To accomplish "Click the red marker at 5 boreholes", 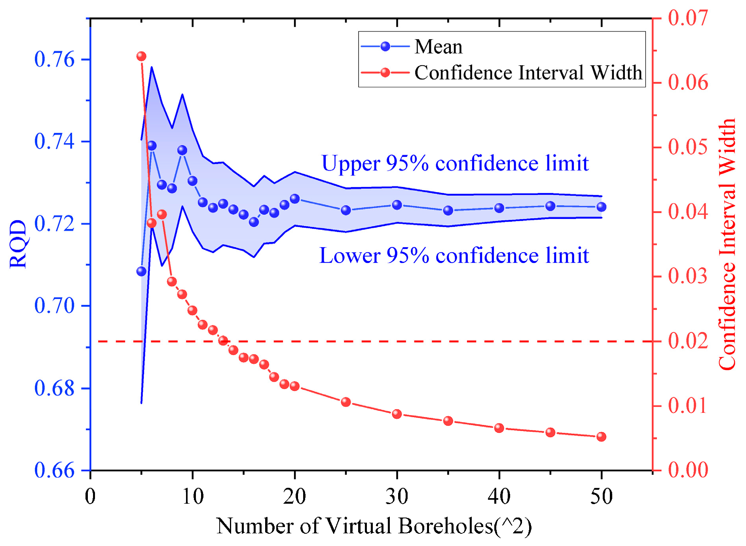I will [x=141, y=56].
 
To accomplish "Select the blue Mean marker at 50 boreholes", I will [x=601, y=207].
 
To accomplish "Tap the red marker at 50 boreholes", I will [x=601, y=436].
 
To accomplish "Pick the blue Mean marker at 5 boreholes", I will [x=141, y=271].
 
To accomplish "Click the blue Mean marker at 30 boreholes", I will [x=397, y=205].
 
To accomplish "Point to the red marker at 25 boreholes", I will [x=346, y=402].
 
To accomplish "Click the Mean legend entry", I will [x=438, y=47].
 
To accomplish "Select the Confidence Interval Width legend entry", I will [x=528, y=73].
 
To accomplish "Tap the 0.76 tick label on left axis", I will [x=54, y=60].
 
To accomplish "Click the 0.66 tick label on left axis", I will [x=54, y=470].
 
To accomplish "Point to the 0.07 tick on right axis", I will [x=688, y=18].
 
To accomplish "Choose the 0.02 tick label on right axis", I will [x=688, y=341].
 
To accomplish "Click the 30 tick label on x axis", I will [x=397, y=496].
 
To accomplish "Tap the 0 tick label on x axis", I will [x=90, y=496].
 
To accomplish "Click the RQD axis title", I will [x=18, y=244].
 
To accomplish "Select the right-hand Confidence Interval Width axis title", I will [x=727, y=244].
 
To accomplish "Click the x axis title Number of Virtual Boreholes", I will [x=374, y=526].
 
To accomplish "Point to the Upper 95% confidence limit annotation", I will [x=455, y=163].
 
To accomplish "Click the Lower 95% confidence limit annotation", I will [x=454, y=255].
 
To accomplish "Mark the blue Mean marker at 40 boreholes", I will [x=499, y=208].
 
